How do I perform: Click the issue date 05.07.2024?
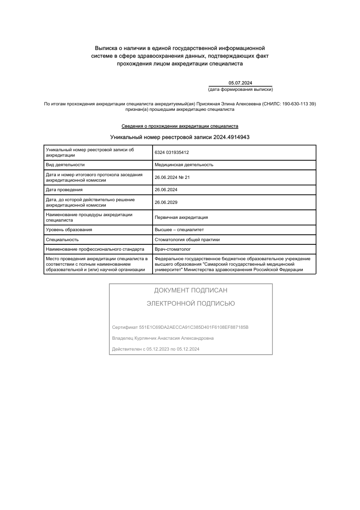click(240, 83)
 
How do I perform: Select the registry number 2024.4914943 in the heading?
click(232, 137)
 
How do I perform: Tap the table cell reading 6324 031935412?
click(172, 153)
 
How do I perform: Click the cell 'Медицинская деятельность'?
click(184, 165)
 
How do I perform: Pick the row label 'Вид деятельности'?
click(65, 165)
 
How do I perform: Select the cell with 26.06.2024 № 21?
click(172, 178)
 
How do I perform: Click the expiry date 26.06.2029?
click(166, 203)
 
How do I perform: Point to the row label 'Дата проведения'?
click(64, 190)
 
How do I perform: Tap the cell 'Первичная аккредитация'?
click(181, 218)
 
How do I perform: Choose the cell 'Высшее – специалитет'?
click(179, 230)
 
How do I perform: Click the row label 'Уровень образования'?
click(69, 230)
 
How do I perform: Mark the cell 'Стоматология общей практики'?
click(187, 239)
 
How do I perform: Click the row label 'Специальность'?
click(63, 239)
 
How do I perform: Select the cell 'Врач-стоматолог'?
click(173, 249)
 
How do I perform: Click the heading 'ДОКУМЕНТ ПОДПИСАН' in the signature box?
click(191, 291)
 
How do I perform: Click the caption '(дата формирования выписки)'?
click(240, 89)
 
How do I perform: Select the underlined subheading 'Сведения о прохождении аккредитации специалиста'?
click(180, 126)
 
